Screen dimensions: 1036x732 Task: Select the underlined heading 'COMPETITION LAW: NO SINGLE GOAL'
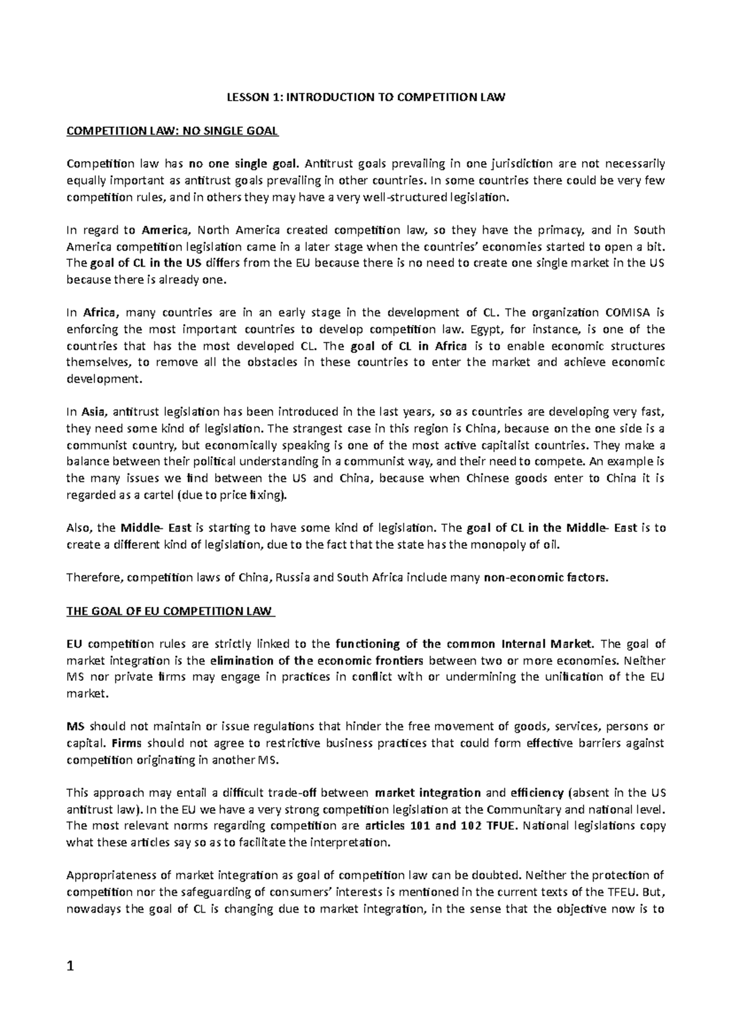pyautogui.click(x=172, y=131)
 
